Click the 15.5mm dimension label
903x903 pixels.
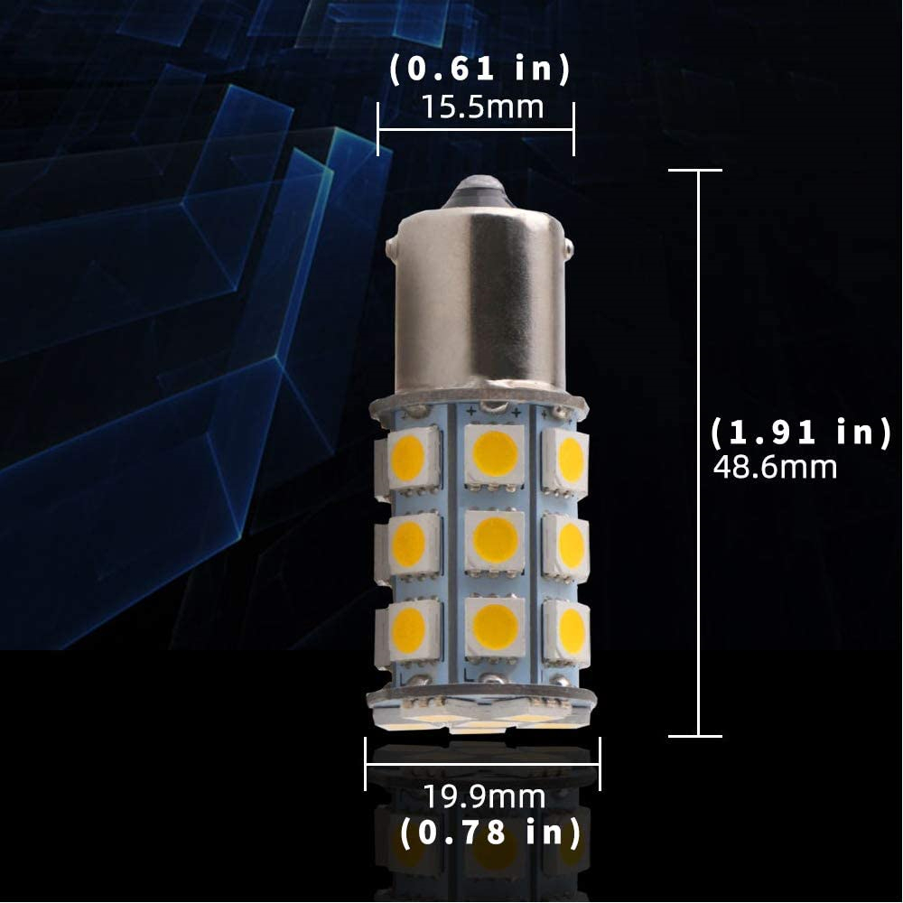pyautogui.click(x=482, y=107)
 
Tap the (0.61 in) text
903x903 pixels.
pyautogui.click(x=480, y=70)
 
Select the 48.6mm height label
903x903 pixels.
pyautogui.click(x=775, y=468)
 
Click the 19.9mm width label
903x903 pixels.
pyautogui.click(x=484, y=797)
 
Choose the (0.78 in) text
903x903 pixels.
pyautogui.click(x=489, y=832)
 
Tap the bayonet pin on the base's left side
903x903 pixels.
pyautogui.click(x=392, y=245)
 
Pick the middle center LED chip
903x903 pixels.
pyautogui.click(x=495, y=540)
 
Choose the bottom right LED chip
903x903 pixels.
pyautogui.click(x=569, y=630)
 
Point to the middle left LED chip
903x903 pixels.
pyautogui.click(x=408, y=545)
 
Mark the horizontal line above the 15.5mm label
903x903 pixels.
pyautogui.click(x=476, y=129)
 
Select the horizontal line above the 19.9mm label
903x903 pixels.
pyautogui.click(x=482, y=764)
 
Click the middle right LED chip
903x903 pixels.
pyautogui.click(x=569, y=545)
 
